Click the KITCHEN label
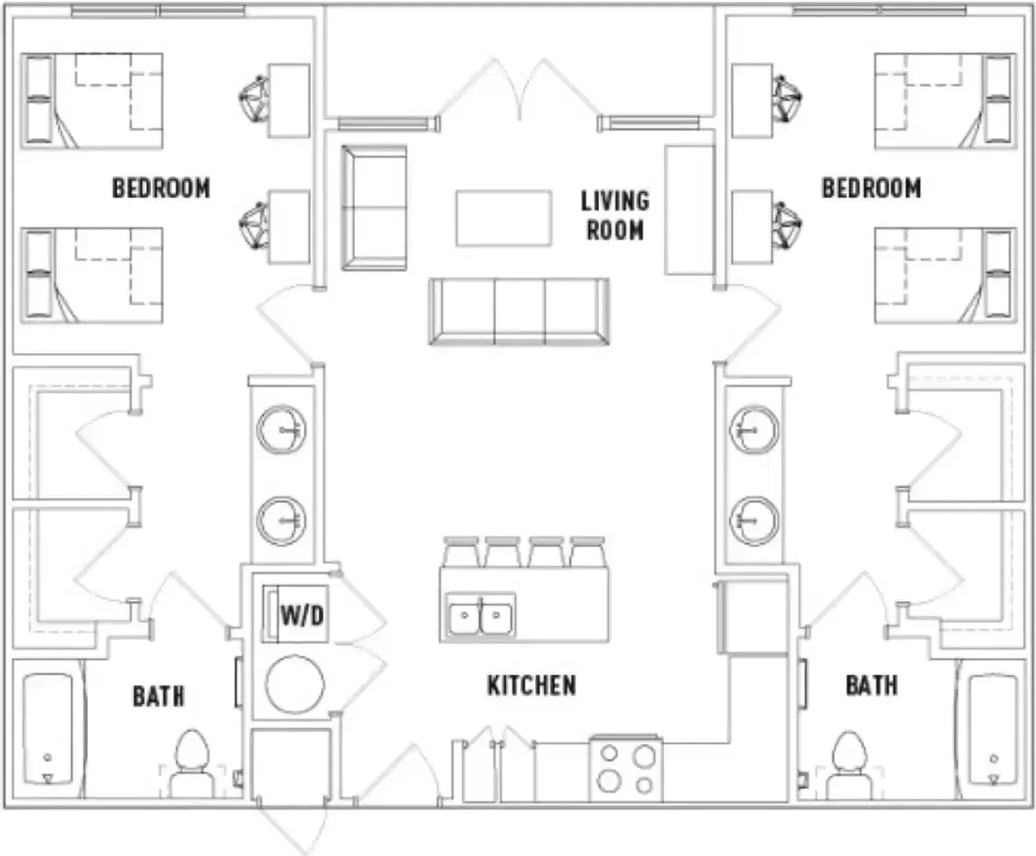click(x=531, y=686)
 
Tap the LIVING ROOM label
click(x=615, y=216)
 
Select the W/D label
click(x=302, y=616)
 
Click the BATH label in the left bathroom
click(x=159, y=696)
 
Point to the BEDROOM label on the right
click(x=871, y=188)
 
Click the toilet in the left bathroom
click(x=192, y=763)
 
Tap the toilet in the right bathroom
click(x=849, y=764)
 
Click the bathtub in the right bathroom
click(x=993, y=729)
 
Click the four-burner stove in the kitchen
click(x=626, y=769)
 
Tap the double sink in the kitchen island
click(x=480, y=615)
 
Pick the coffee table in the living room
click(x=503, y=218)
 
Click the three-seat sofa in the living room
click(x=519, y=311)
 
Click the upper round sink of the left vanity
click(x=281, y=430)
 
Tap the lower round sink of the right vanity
click(x=754, y=521)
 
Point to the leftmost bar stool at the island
click(x=461, y=552)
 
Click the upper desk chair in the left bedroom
click(x=254, y=97)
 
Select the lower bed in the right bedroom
click(x=946, y=275)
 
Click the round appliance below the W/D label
click(x=295, y=684)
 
